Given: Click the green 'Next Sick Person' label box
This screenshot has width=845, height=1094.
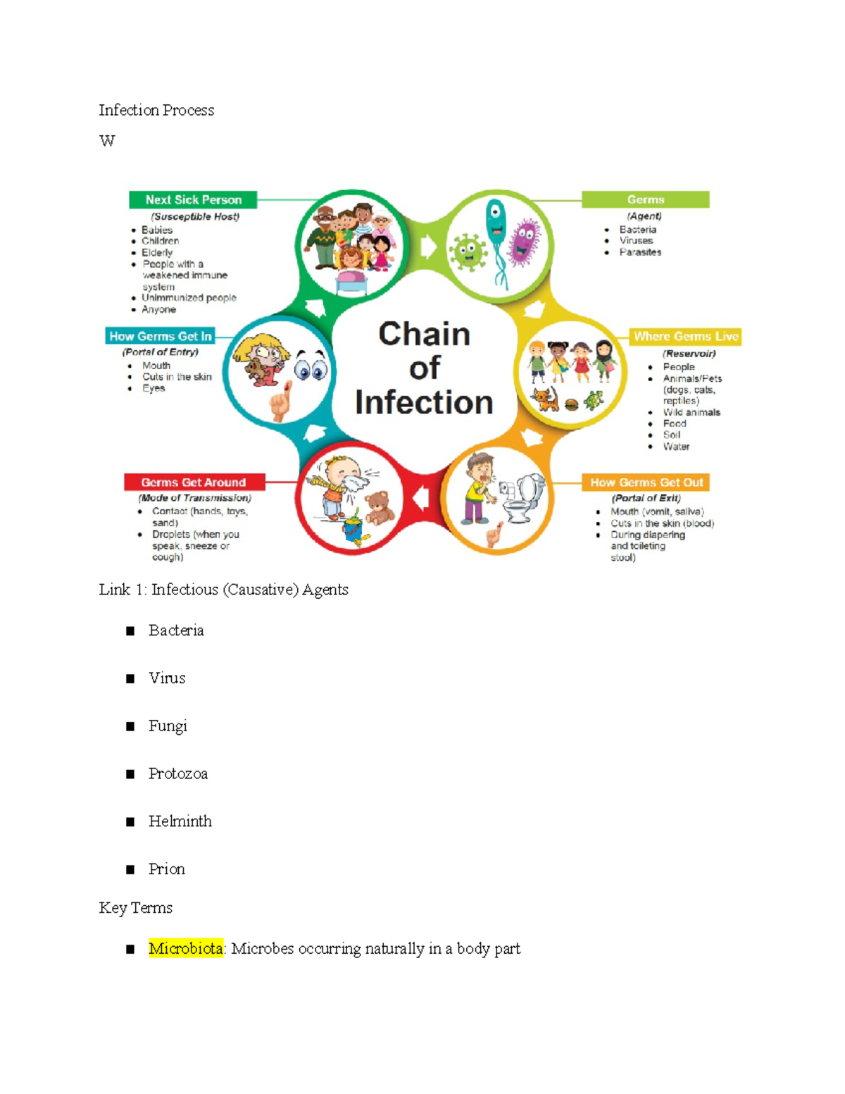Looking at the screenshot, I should [193, 200].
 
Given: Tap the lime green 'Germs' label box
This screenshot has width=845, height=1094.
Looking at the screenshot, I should [645, 200].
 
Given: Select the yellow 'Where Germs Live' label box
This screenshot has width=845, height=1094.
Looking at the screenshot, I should [685, 337].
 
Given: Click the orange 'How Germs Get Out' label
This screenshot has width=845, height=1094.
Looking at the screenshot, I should [646, 483].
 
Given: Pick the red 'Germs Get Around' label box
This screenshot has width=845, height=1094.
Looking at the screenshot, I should [194, 483].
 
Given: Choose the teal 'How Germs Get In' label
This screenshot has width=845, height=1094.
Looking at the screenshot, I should [161, 336].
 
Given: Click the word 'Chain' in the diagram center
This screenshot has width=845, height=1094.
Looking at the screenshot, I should [424, 334].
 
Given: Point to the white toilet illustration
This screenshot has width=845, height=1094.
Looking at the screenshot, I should [527, 497].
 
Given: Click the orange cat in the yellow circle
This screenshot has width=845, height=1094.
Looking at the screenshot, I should [545, 399].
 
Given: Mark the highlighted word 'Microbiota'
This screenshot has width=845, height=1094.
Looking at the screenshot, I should [186, 949].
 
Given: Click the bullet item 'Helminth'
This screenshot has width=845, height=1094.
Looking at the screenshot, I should [180, 821].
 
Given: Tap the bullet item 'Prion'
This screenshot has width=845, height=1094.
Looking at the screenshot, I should [167, 869].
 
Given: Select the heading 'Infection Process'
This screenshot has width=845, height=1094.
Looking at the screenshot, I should [156, 111].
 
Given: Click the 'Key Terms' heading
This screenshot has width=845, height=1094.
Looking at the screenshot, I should [136, 908].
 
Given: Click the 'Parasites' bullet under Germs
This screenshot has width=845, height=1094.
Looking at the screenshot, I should [640, 252].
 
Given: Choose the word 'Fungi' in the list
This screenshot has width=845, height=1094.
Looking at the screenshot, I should [168, 726].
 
